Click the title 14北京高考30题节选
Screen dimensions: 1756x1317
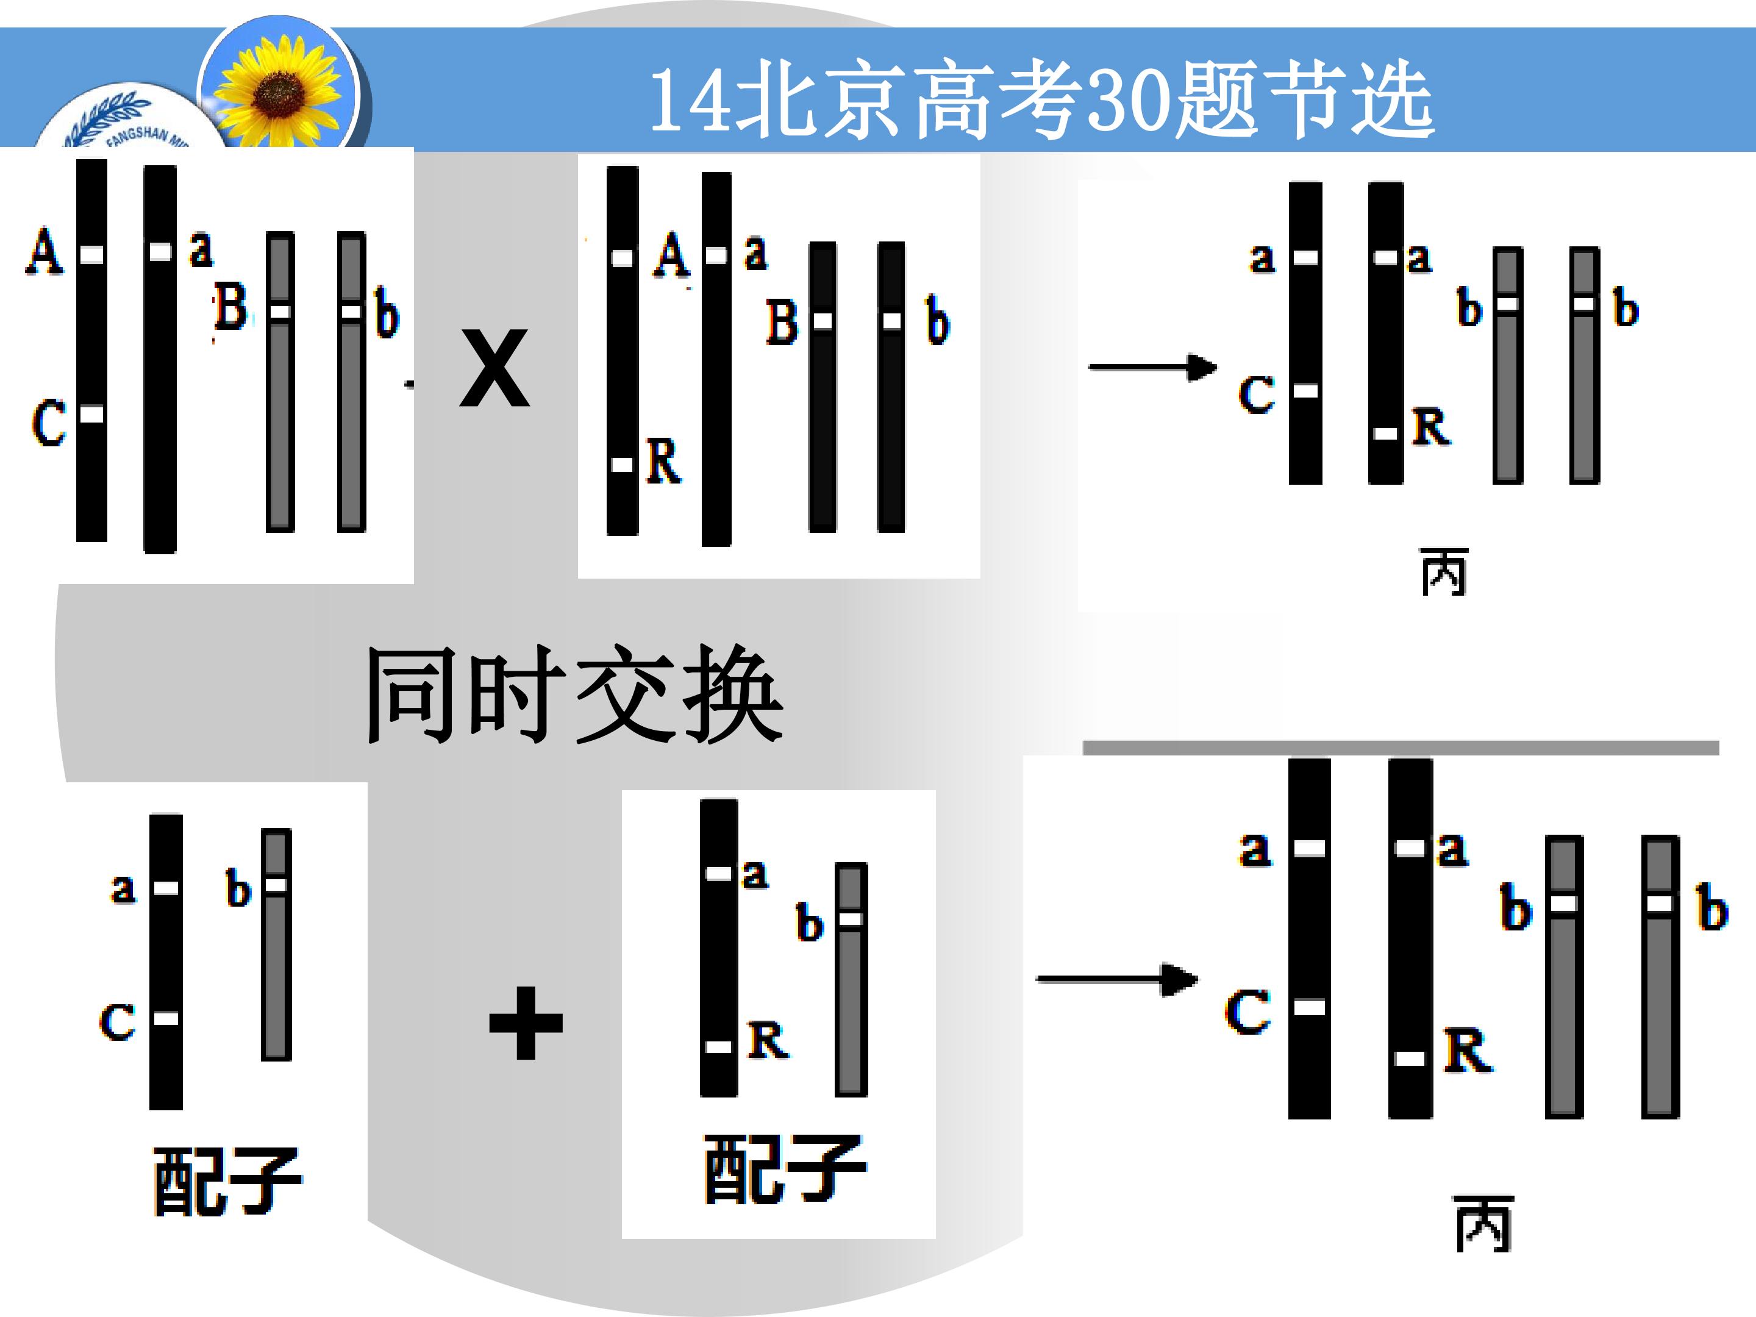point(1041,100)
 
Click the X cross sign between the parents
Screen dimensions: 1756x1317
point(494,368)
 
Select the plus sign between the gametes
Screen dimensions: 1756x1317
point(526,1023)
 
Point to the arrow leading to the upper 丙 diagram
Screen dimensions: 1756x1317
point(1152,368)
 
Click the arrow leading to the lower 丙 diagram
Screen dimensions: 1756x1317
point(1117,980)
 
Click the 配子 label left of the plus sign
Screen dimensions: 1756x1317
point(228,1181)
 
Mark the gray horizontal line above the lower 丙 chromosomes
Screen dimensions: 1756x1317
point(1401,748)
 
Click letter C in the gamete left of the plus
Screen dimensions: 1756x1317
point(118,1022)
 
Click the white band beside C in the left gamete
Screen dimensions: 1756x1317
point(166,1018)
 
